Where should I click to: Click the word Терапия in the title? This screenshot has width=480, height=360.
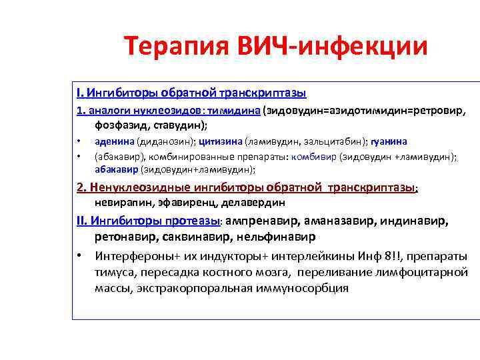point(173,47)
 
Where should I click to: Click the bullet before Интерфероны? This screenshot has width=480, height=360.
point(79,256)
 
